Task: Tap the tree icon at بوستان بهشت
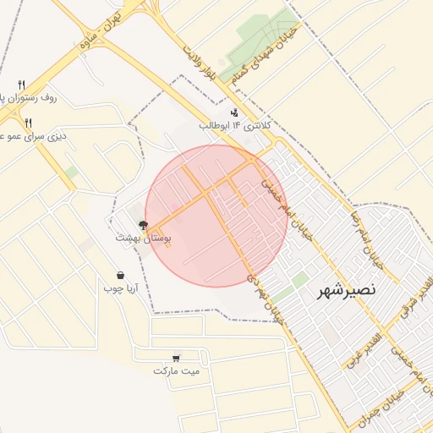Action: pos(143,225)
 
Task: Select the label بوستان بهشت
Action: pos(145,239)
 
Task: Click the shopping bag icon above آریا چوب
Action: pos(122,275)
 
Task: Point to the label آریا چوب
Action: pos(120,288)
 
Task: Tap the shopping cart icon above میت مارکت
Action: pos(176,358)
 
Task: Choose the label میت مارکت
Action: pos(177,371)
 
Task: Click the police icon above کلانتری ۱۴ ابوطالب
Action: pos(233,112)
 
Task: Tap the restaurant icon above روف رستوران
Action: pos(22,85)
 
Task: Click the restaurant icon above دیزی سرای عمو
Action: pos(28,123)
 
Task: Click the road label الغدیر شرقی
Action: pos(414,301)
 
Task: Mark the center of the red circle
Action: pos(216,216)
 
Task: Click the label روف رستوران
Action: pos(29,98)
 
